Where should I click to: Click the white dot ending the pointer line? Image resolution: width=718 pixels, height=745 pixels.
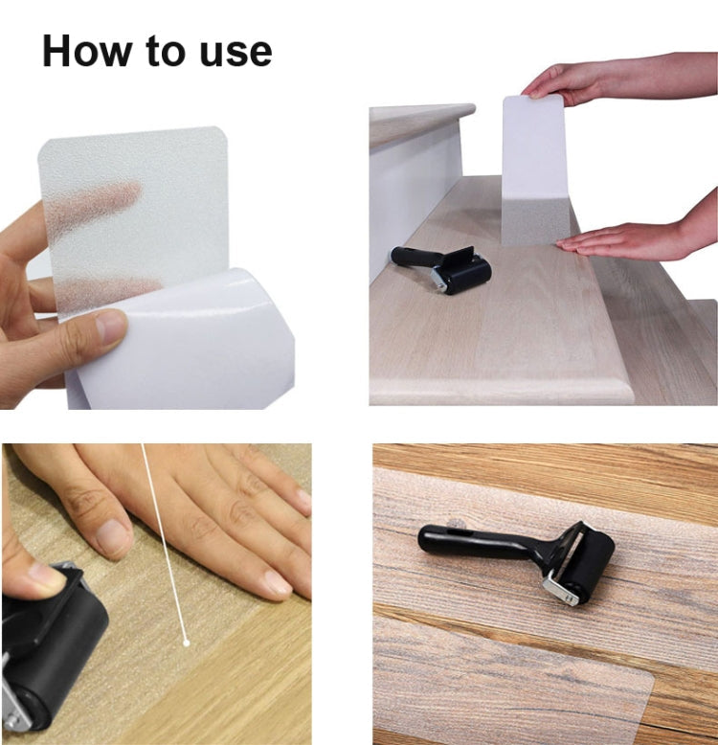click(x=186, y=642)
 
